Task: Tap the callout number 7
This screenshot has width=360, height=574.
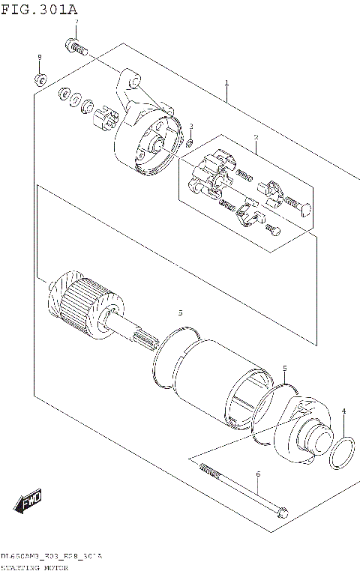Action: (75, 22)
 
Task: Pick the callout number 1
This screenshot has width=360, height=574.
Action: (225, 83)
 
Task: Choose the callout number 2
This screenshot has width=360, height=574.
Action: (255, 137)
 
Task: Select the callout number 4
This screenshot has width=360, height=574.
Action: (343, 411)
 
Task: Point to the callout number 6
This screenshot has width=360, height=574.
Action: (257, 474)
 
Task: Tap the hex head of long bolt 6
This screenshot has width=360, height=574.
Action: (282, 513)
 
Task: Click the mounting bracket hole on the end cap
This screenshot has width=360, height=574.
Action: (133, 79)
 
